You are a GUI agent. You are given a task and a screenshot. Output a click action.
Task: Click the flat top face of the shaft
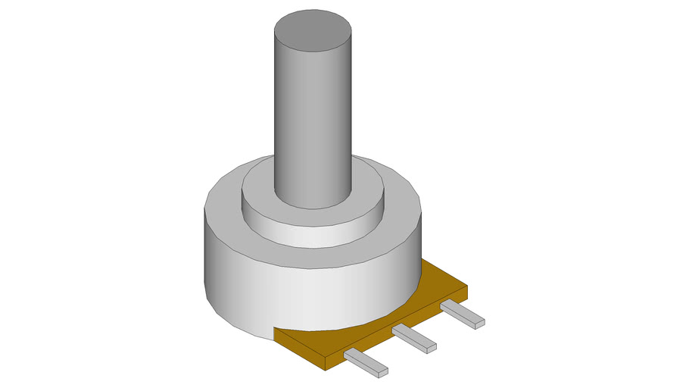312,33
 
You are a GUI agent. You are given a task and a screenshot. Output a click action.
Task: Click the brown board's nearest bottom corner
326,369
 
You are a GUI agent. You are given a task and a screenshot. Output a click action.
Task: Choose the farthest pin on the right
461,313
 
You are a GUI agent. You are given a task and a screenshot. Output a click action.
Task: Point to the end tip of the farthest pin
479,323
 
